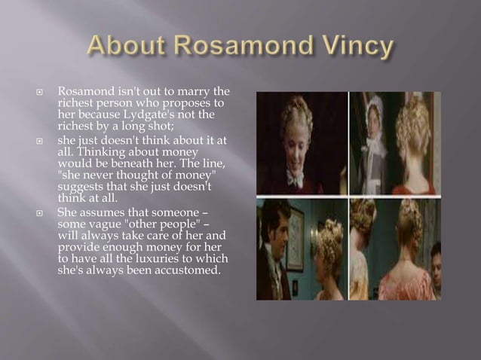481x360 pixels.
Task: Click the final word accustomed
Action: (186, 270)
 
